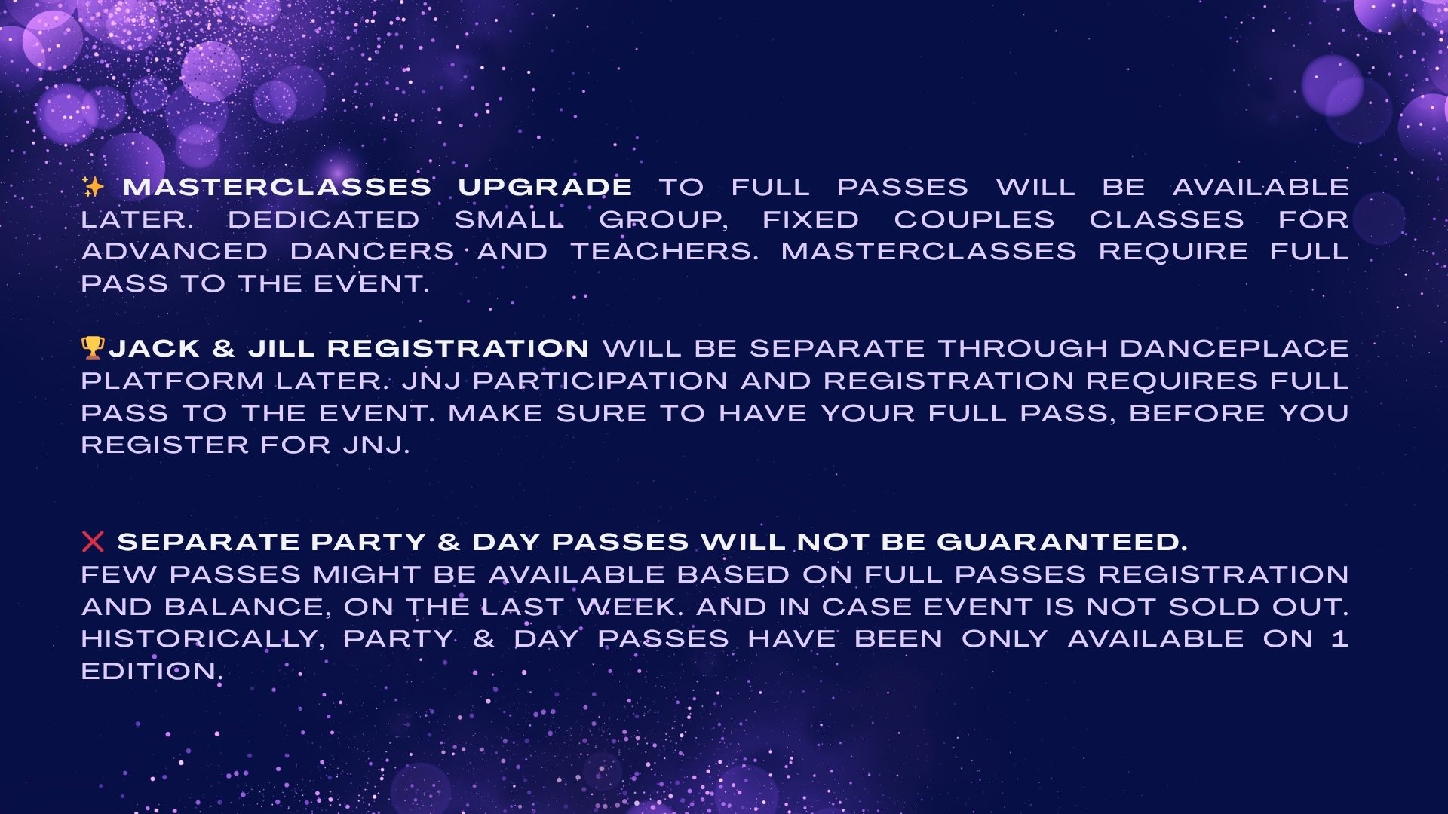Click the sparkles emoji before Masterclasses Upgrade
tap(93, 187)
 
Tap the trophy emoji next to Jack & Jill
tap(92, 348)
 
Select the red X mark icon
tap(93, 541)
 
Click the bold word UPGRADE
tap(545, 187)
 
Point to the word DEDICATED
tap(324, 219)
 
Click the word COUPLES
tap(974, 219)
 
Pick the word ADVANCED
tap(174, 251)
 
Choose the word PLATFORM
tap(173, 381)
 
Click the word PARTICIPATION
tap(600, 381)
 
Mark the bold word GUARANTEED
tap(1062, 542)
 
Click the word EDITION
tap(152, 672)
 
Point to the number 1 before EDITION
tap(1340, 639)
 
